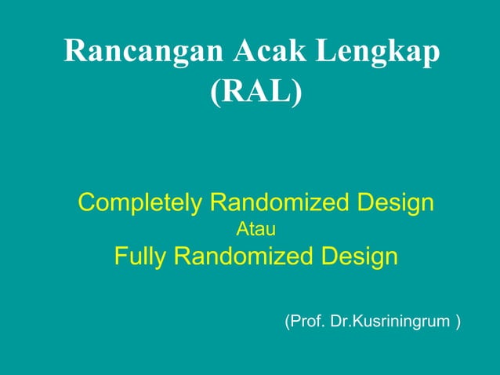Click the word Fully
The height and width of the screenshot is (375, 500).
pyautogui.click(x=141, y=257)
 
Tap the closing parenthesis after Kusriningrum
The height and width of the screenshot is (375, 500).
pyautogui.click(x=458, y=322)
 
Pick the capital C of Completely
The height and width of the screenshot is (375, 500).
pyautogui.click(x=88, y=203)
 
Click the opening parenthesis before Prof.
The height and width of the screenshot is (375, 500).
pyautogui.click(x=287, y=322)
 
